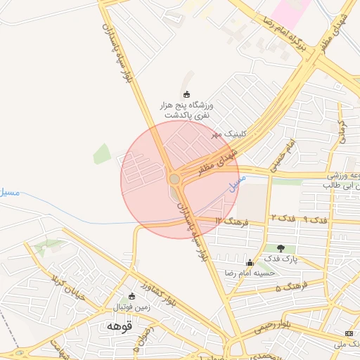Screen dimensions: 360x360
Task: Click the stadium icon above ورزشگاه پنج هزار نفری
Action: [x=186, y=94]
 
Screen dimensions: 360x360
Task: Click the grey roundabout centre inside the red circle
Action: [x=174, y=179]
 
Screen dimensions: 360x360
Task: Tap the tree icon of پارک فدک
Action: [x=281, y=248]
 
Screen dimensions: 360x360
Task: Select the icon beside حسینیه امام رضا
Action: [x=249, y=263]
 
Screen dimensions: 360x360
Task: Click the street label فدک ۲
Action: [x=283, y=219]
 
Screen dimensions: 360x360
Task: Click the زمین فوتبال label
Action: [x=131, y=308]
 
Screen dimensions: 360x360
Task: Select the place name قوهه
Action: [x=120, y=327]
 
